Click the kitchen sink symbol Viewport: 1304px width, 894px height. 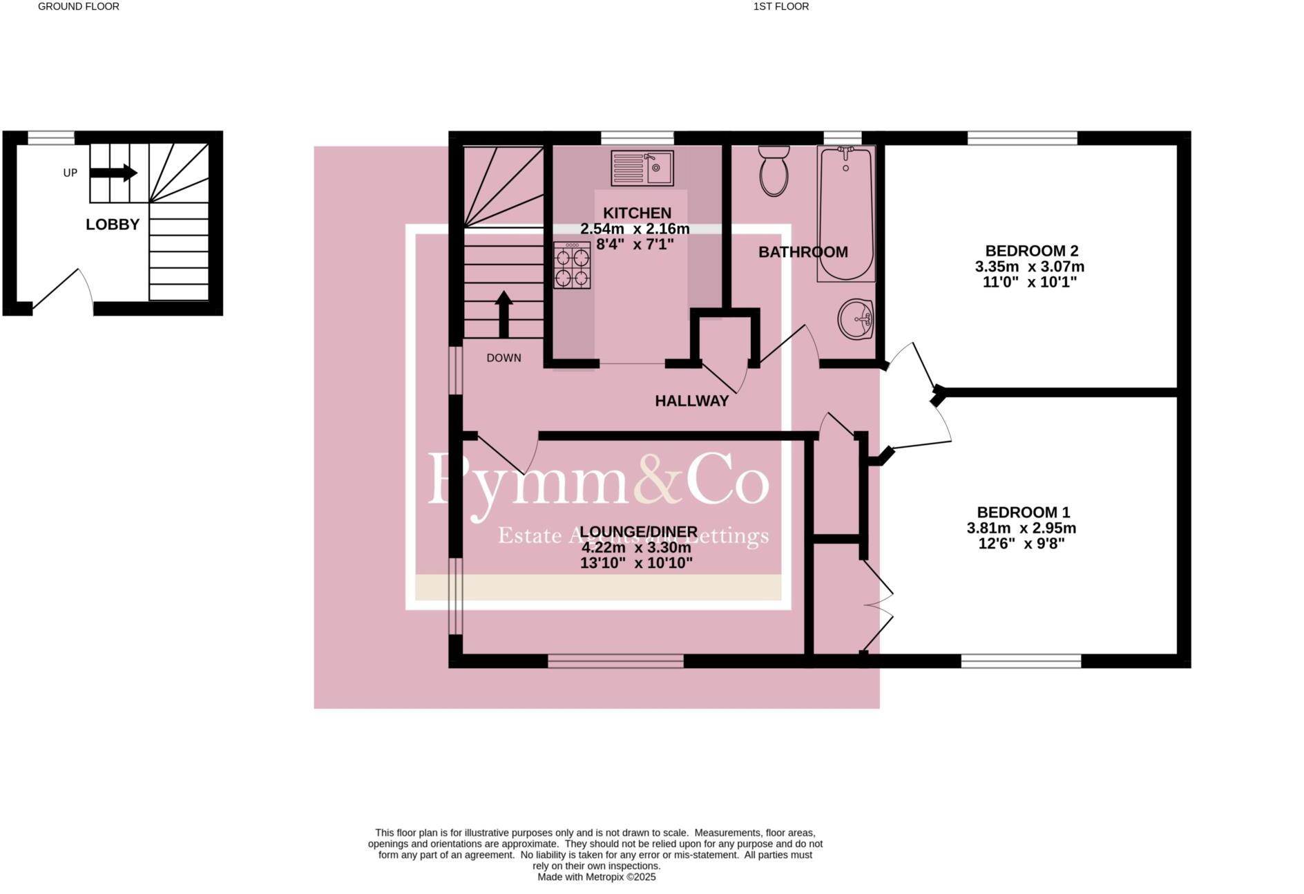(x=642, y=168)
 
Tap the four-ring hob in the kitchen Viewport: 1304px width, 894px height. (x=572, y=265)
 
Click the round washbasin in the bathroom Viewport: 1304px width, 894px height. (x=856, y=319)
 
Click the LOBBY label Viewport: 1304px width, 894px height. (x=113, y=225)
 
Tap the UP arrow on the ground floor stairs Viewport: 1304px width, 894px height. (x=114, y=173)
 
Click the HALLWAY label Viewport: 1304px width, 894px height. (x=691, y=401)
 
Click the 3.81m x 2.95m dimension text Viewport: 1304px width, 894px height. (x=1021, y=529)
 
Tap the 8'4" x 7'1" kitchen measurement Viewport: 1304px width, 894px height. (x=635, y=244)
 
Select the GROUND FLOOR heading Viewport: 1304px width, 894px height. (x=79, y=6)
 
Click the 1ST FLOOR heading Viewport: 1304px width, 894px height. (x=781, y=6)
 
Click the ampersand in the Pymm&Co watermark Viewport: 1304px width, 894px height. (x=657, y=479)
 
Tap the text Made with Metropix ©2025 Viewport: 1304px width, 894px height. (x=596, y=877)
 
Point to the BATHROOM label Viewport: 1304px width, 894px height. (x=803, y=252)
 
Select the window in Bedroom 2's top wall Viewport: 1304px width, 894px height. (x=1022, y=138)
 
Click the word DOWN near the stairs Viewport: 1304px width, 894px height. (x=504, y=358)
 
